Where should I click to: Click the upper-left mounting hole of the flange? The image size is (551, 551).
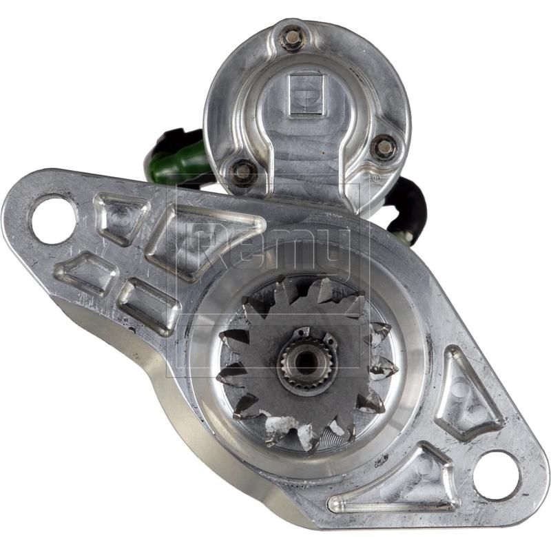coord(52,219)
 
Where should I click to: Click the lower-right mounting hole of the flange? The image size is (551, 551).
coord(497,475)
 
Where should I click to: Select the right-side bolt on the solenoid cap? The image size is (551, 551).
coord(384,146)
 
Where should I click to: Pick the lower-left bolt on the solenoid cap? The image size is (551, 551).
coord(242,171)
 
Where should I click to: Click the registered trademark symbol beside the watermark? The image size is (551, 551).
coord(375,178)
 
